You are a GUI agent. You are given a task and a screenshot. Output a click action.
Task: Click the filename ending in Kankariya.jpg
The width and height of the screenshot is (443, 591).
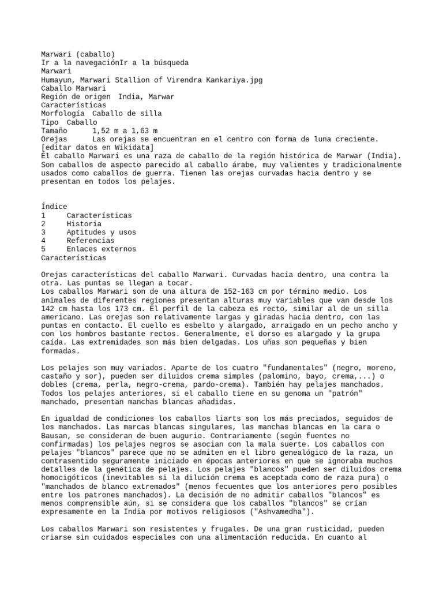click(x=152, y=80)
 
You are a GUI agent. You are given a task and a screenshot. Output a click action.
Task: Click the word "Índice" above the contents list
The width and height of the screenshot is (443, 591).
click(x=54, y=207)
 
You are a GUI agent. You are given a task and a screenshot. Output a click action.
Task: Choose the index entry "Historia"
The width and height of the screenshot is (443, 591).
click(x=84, y=224)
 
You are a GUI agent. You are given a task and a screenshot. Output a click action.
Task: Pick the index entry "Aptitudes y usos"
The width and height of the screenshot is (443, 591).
click(x=100, y=232)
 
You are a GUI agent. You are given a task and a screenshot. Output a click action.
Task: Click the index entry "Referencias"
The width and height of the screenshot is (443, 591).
click(x=90, y=241)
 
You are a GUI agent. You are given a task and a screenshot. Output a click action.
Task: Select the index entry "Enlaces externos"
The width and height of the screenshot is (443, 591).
click(x=101, y=249)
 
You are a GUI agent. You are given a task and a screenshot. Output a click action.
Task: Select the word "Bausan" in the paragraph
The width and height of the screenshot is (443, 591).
click(x=56, y=435)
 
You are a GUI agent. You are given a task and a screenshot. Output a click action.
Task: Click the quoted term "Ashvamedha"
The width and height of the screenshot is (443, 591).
click(x=281, y=511)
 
